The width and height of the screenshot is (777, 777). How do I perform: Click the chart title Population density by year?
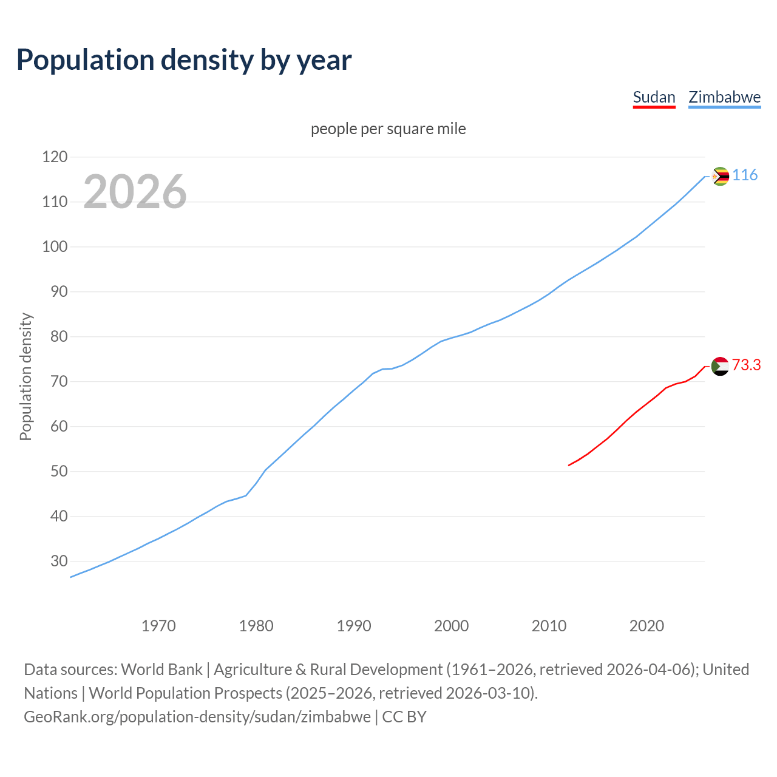tap(184, 60)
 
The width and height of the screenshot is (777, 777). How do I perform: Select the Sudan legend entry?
tap(654, 97)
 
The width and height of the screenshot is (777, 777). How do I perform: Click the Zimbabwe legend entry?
tap(724, 97)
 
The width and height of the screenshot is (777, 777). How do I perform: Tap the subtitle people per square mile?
tap(388, 129)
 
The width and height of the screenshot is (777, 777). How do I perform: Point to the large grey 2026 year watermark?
tap(135, 192)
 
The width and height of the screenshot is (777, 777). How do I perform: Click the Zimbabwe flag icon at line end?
tap(720, 177)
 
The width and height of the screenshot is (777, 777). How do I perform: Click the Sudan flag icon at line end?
tap(720, 366)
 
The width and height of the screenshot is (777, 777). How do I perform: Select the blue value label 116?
tap(745, 175)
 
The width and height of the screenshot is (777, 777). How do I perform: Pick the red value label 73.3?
tap(746, 365)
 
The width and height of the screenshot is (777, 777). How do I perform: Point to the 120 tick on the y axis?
tap(55, 157)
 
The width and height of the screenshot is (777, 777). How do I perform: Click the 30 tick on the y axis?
tap(59, 561)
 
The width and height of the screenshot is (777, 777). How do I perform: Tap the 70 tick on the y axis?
tap(59, 382)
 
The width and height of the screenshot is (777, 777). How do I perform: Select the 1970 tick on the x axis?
tap(158, 626)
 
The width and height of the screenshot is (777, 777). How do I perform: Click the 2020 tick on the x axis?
tap(646, 626)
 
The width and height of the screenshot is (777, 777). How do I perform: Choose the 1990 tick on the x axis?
tap(354, 626)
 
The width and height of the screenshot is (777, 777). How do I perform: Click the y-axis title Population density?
tap(25, 376)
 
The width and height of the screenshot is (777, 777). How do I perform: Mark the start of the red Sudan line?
tap(569, 465)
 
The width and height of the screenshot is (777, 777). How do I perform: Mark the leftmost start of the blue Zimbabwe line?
tap(71, 577)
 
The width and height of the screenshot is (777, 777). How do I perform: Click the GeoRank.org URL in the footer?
tap(197, 717)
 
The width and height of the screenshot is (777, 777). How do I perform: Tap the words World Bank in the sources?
tap(161, 670)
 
